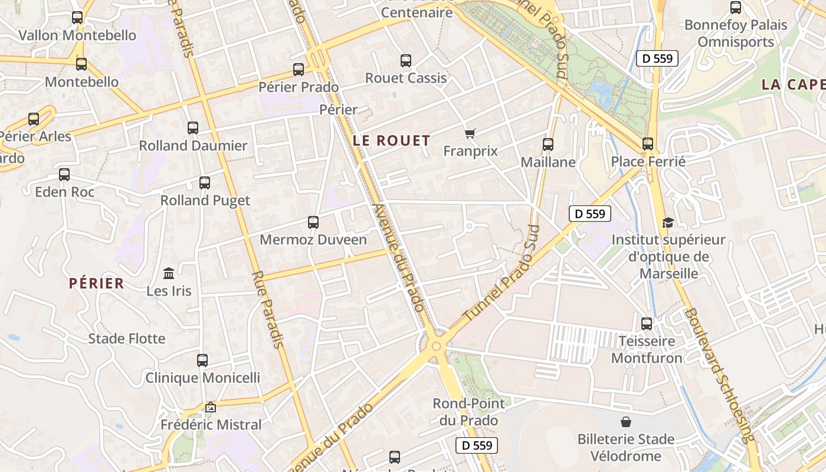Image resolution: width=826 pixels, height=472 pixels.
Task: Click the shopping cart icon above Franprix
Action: [470, 134]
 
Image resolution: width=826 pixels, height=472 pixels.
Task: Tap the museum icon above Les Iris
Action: [169, 273]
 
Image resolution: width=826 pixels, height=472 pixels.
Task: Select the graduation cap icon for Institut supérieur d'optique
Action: [668, 222]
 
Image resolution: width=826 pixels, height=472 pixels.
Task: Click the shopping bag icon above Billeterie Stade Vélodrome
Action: [625, 422]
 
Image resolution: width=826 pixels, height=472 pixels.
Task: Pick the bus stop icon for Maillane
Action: [548, 144]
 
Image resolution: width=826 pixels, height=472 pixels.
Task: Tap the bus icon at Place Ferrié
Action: [648, 143]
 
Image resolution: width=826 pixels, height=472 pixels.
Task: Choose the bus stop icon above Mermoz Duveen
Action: [313, 222]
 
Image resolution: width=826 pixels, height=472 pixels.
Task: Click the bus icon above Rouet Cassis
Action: [406, 60]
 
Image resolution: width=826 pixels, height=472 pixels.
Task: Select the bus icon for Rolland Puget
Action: [205, 183]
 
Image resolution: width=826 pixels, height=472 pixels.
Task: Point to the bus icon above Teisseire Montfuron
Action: [647, 324]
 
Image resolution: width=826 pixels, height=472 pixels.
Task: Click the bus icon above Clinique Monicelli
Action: [202, 360]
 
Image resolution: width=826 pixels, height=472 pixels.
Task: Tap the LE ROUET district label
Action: [391, 140]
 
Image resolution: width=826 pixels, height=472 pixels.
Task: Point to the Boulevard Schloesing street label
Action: [720, 375]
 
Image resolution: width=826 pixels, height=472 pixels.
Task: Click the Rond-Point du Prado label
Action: [468, 412]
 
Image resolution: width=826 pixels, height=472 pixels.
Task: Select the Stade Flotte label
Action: [127, 339]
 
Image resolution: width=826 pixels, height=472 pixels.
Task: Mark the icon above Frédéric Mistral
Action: [211, 407]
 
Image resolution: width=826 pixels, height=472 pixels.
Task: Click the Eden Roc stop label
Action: [65, 192]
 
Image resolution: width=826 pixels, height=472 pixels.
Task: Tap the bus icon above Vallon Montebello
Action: [77, 18]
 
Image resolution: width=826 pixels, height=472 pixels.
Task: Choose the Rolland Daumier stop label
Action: [193, 146]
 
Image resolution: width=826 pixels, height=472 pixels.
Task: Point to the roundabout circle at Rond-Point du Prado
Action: [436, 346]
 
